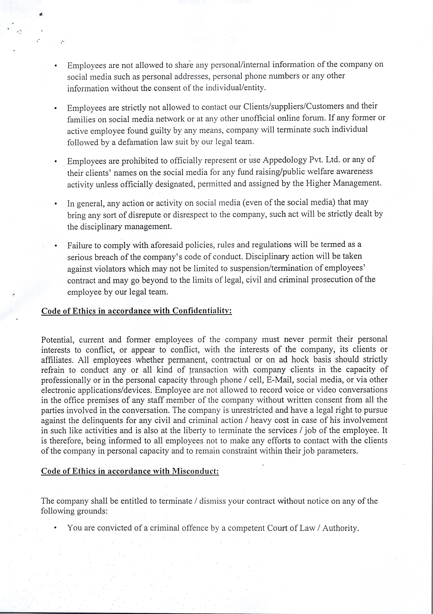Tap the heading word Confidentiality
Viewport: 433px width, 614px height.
pos(202,311)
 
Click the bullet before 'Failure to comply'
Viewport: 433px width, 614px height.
pos(56,246)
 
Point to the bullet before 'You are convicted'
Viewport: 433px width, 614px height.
pos(55,529)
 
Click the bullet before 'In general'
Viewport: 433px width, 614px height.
pos(56,204)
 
